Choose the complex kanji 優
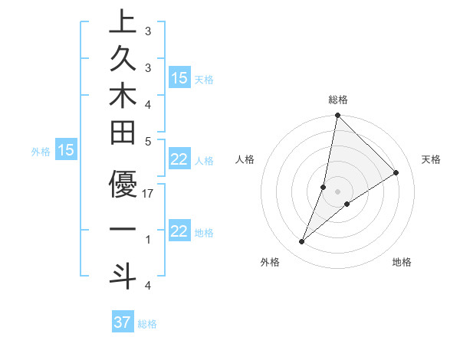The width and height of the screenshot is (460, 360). point(123,184)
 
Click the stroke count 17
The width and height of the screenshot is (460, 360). point(149,194)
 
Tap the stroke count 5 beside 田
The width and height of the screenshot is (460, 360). point(148,141)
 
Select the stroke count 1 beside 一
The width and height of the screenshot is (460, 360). point(148,240)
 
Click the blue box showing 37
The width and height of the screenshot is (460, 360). point(123,322)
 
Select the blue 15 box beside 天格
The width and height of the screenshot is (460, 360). point(179,78)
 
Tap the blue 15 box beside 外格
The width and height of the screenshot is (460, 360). point(66,151)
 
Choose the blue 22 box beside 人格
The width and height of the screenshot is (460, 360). point(179,160)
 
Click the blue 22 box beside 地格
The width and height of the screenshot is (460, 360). point(179,232)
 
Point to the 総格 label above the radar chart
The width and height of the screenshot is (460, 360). point(338,100)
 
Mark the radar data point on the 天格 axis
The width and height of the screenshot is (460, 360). point(396,173)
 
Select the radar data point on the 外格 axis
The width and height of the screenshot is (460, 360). point(302,242)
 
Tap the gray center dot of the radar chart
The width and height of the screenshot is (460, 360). point(338,191)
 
